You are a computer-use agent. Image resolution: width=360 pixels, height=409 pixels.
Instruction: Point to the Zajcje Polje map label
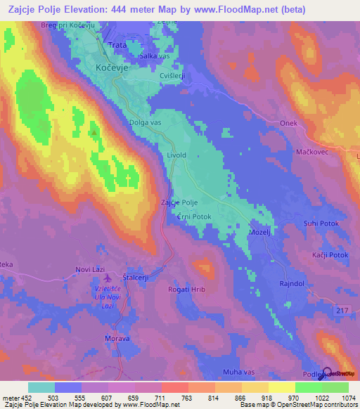(179, 202)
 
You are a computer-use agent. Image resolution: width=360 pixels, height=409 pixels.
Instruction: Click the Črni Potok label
(194, 218)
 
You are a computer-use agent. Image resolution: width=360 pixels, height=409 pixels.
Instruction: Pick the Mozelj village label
(260, 231)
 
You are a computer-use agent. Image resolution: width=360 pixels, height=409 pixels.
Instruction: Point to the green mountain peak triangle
(94, 131)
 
